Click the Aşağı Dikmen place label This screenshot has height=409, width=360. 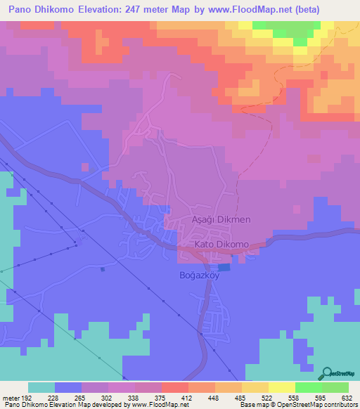click(221, 220)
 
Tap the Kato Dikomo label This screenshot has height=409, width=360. click(222, 244)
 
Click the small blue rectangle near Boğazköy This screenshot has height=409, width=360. click(224, 267)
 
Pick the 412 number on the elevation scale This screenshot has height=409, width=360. click(186, 397)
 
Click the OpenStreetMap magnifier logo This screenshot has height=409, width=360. click(328, 372)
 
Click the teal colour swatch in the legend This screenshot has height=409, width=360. click(41, 387)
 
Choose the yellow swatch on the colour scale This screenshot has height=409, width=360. click(281, 387)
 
